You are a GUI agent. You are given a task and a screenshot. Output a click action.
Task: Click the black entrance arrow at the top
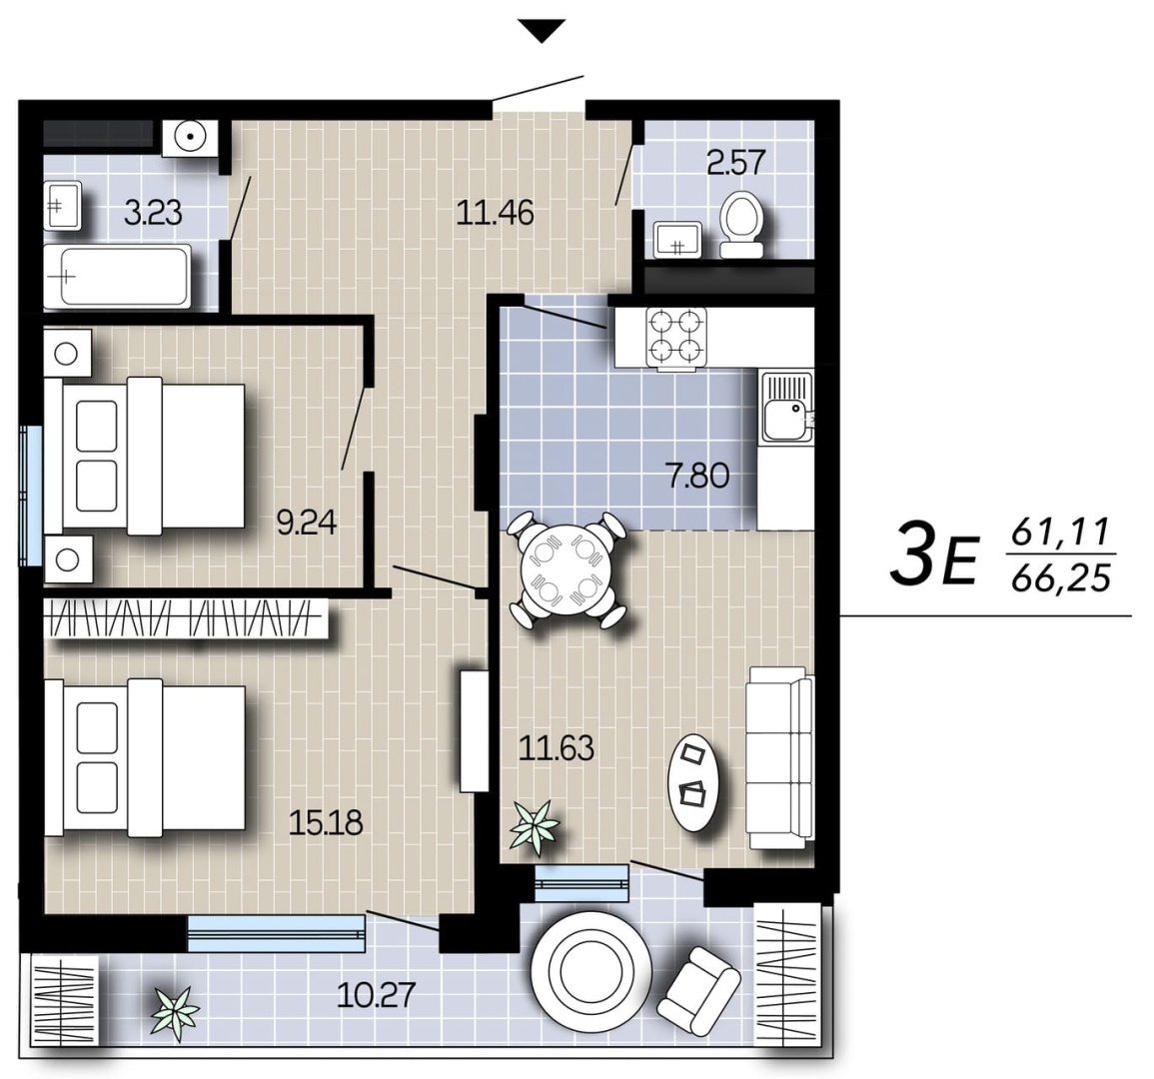tap(541, 30)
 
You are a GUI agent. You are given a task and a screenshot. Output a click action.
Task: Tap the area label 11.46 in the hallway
tap(495, 214)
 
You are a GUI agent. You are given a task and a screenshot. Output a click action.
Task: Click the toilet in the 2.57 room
tap(741, 225)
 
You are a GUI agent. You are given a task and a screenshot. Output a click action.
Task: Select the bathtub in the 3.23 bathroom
tap(117, 277)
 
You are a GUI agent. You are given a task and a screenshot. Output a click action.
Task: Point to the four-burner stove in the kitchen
tap(676, 337)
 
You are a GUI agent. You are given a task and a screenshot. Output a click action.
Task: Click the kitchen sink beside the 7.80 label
tap(786, 407)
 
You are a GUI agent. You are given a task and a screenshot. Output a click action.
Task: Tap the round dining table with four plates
tap(566, 568)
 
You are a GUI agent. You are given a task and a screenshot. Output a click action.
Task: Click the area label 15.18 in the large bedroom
tap(326, 823)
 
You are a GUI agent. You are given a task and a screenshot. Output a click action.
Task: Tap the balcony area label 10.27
tap(376, 996)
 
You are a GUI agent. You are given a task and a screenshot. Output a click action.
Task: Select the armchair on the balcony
tap(698, 991)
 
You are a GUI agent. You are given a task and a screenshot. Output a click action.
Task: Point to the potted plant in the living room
tap(536, 828)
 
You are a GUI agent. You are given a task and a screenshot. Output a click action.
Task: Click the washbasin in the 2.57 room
tap(677, 239)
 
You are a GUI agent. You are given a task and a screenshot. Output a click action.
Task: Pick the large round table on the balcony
tap(590, 971)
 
